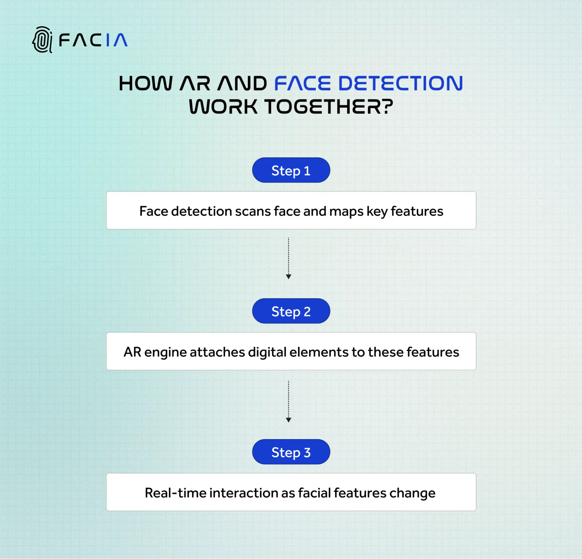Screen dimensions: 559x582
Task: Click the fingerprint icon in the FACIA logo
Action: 43,40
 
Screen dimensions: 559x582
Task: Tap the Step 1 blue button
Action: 291,170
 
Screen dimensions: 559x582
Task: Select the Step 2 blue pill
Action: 291,311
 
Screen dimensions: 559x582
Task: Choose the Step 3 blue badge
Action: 291,452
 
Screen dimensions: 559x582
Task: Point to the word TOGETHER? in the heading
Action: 329,107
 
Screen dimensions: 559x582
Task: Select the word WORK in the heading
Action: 223,107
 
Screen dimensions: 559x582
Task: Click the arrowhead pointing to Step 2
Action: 288,276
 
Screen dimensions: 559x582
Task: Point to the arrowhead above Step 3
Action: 288,420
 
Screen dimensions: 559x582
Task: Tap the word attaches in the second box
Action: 217,352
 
